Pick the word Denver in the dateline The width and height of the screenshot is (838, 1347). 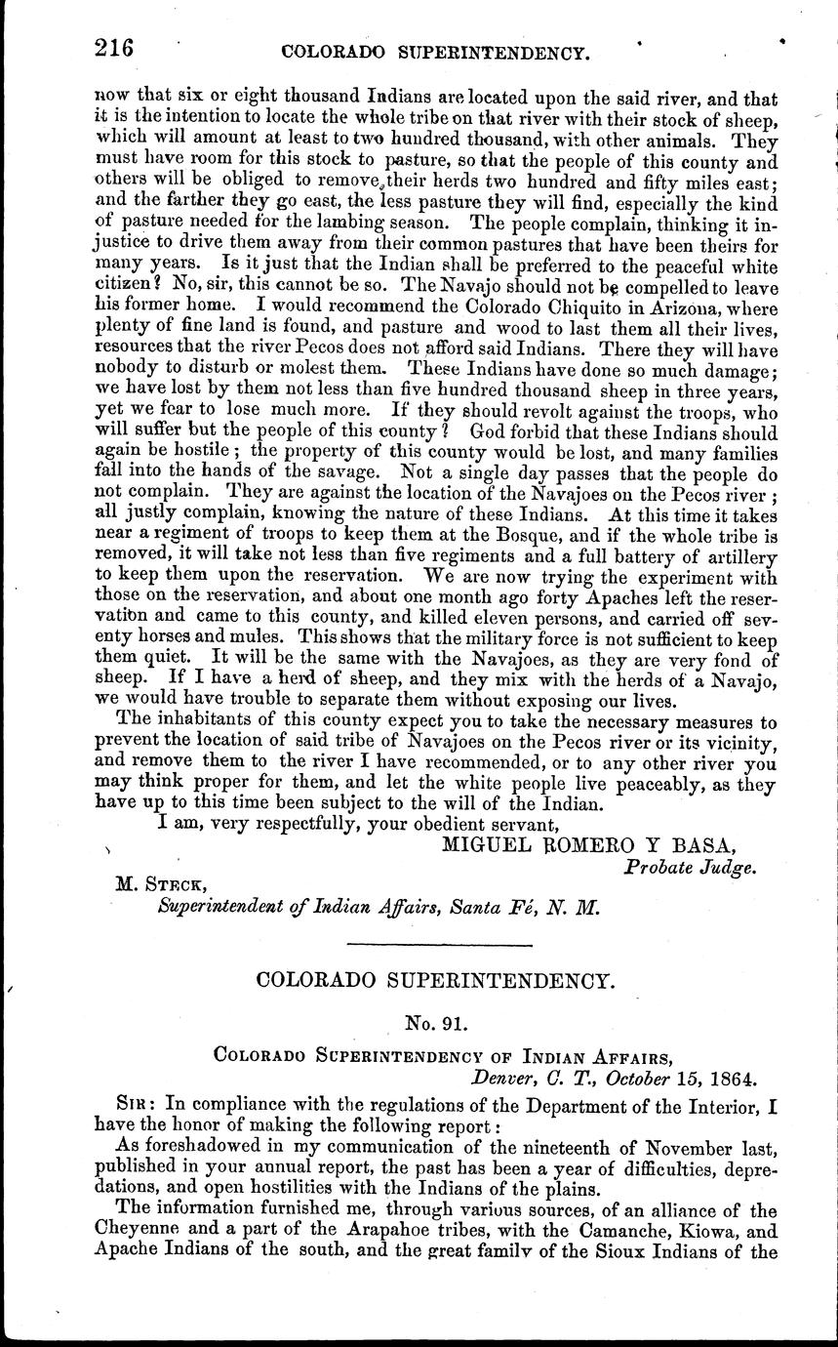pos(505,1079)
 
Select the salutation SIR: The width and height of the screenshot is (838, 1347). pos(136,1104)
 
